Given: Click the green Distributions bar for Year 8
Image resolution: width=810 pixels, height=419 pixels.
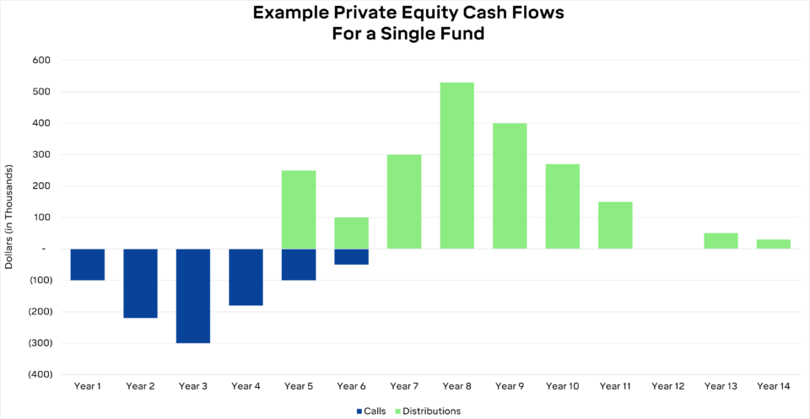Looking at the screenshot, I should pos(456,165).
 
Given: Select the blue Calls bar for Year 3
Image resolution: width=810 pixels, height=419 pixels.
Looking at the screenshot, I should pos(193,296).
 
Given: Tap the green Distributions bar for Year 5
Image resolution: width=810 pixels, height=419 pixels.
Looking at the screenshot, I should pos(299,209).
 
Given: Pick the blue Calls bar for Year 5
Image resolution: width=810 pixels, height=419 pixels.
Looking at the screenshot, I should pos(299,265).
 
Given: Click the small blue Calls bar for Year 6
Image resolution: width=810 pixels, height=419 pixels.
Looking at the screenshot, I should pos(351,257).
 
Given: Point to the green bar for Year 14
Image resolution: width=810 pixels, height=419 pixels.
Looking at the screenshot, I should pos(773,244).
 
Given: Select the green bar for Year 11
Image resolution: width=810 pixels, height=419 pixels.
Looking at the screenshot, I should pos(615,225).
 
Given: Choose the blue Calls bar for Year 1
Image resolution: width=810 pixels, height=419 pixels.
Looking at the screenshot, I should pos(88,265).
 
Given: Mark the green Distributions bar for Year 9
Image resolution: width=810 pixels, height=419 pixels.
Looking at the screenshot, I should pos(510,185).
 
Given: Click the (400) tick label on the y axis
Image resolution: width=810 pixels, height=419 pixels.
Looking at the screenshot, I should pos(40,374).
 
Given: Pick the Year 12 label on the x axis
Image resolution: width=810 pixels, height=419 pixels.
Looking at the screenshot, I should pos(667,386).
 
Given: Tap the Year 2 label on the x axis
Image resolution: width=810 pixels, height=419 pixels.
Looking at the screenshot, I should pos(140,386).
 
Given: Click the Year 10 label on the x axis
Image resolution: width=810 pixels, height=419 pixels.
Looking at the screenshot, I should pos(562,386).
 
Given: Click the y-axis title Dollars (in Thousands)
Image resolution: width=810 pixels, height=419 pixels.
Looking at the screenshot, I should pos(9,218).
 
